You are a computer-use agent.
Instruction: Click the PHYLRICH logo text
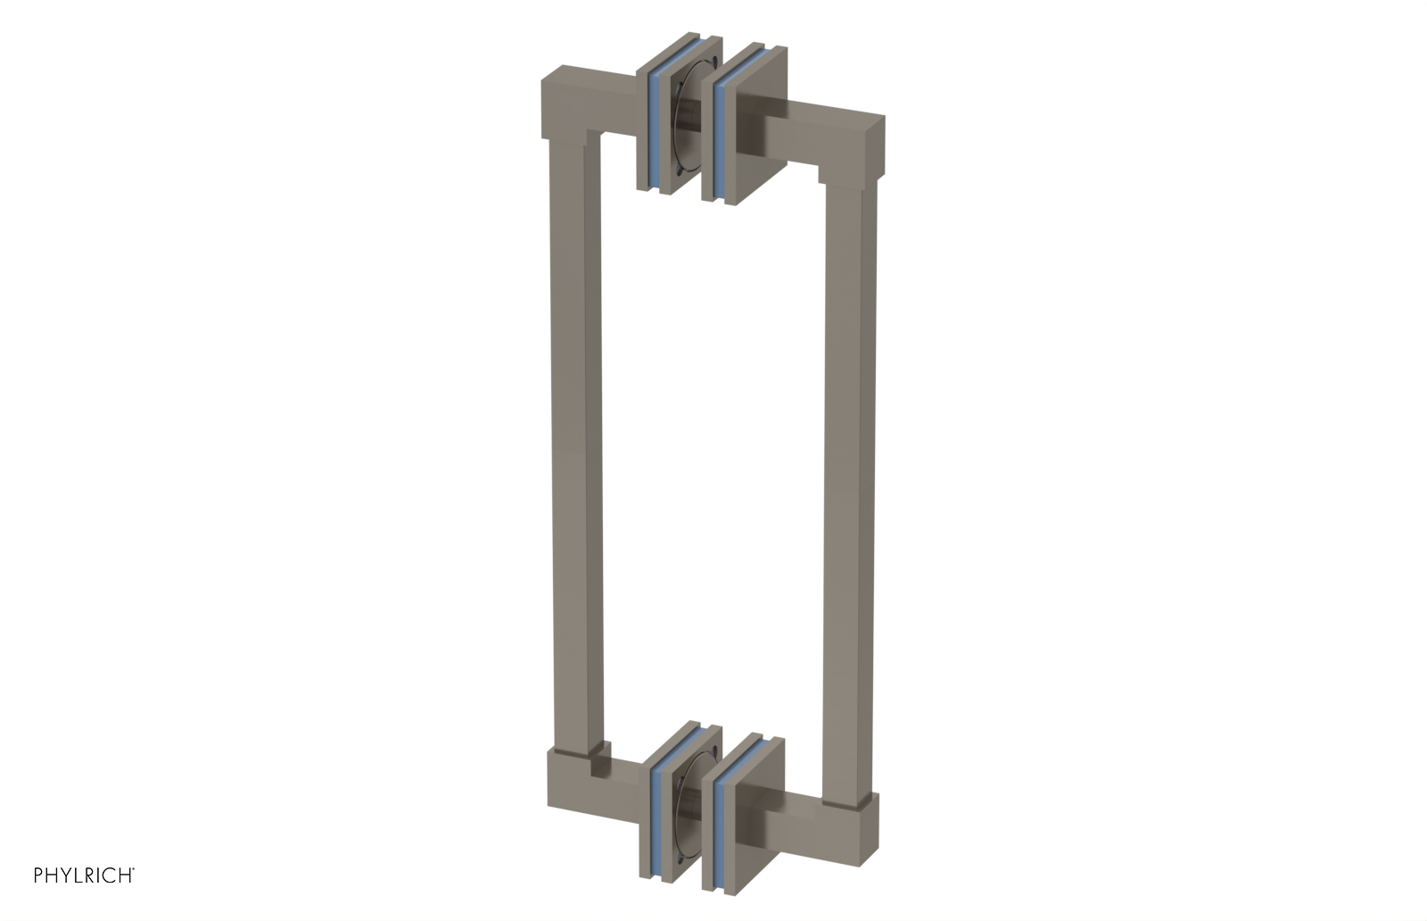[x=84, y=875]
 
